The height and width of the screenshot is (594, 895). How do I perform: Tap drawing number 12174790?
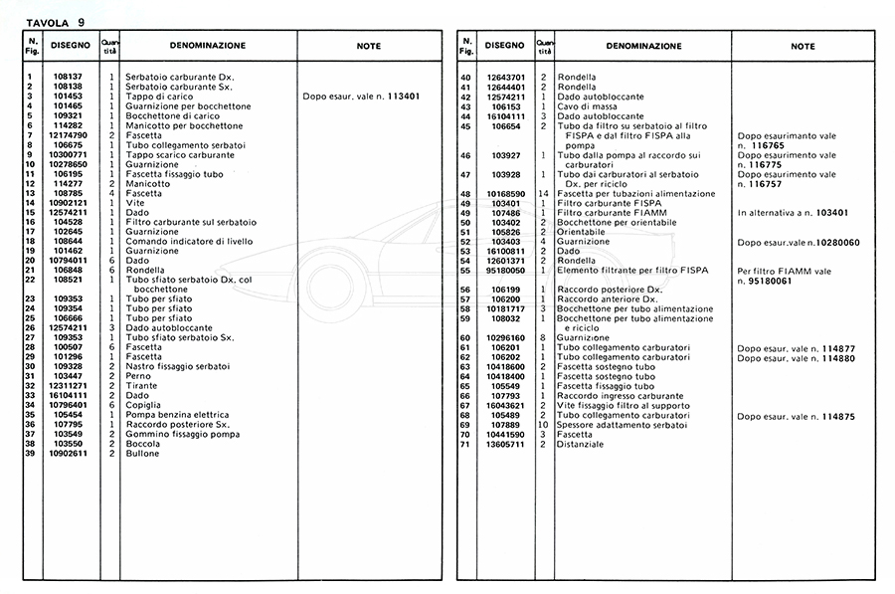point(68,135)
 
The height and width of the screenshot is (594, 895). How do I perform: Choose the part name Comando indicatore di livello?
point(188,242)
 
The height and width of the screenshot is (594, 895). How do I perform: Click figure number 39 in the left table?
point(31,454)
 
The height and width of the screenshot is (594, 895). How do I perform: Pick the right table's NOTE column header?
point(803,46)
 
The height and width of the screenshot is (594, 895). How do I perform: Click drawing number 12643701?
point(504,78)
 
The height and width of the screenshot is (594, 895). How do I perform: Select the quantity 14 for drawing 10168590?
point(543,193)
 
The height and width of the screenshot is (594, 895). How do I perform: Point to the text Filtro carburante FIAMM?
point(613,213)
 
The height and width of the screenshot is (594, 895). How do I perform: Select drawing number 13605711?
point(504,445)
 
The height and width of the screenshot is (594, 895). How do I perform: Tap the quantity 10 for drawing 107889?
point(543,425)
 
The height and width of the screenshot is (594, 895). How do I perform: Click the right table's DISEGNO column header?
point(504,46)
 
